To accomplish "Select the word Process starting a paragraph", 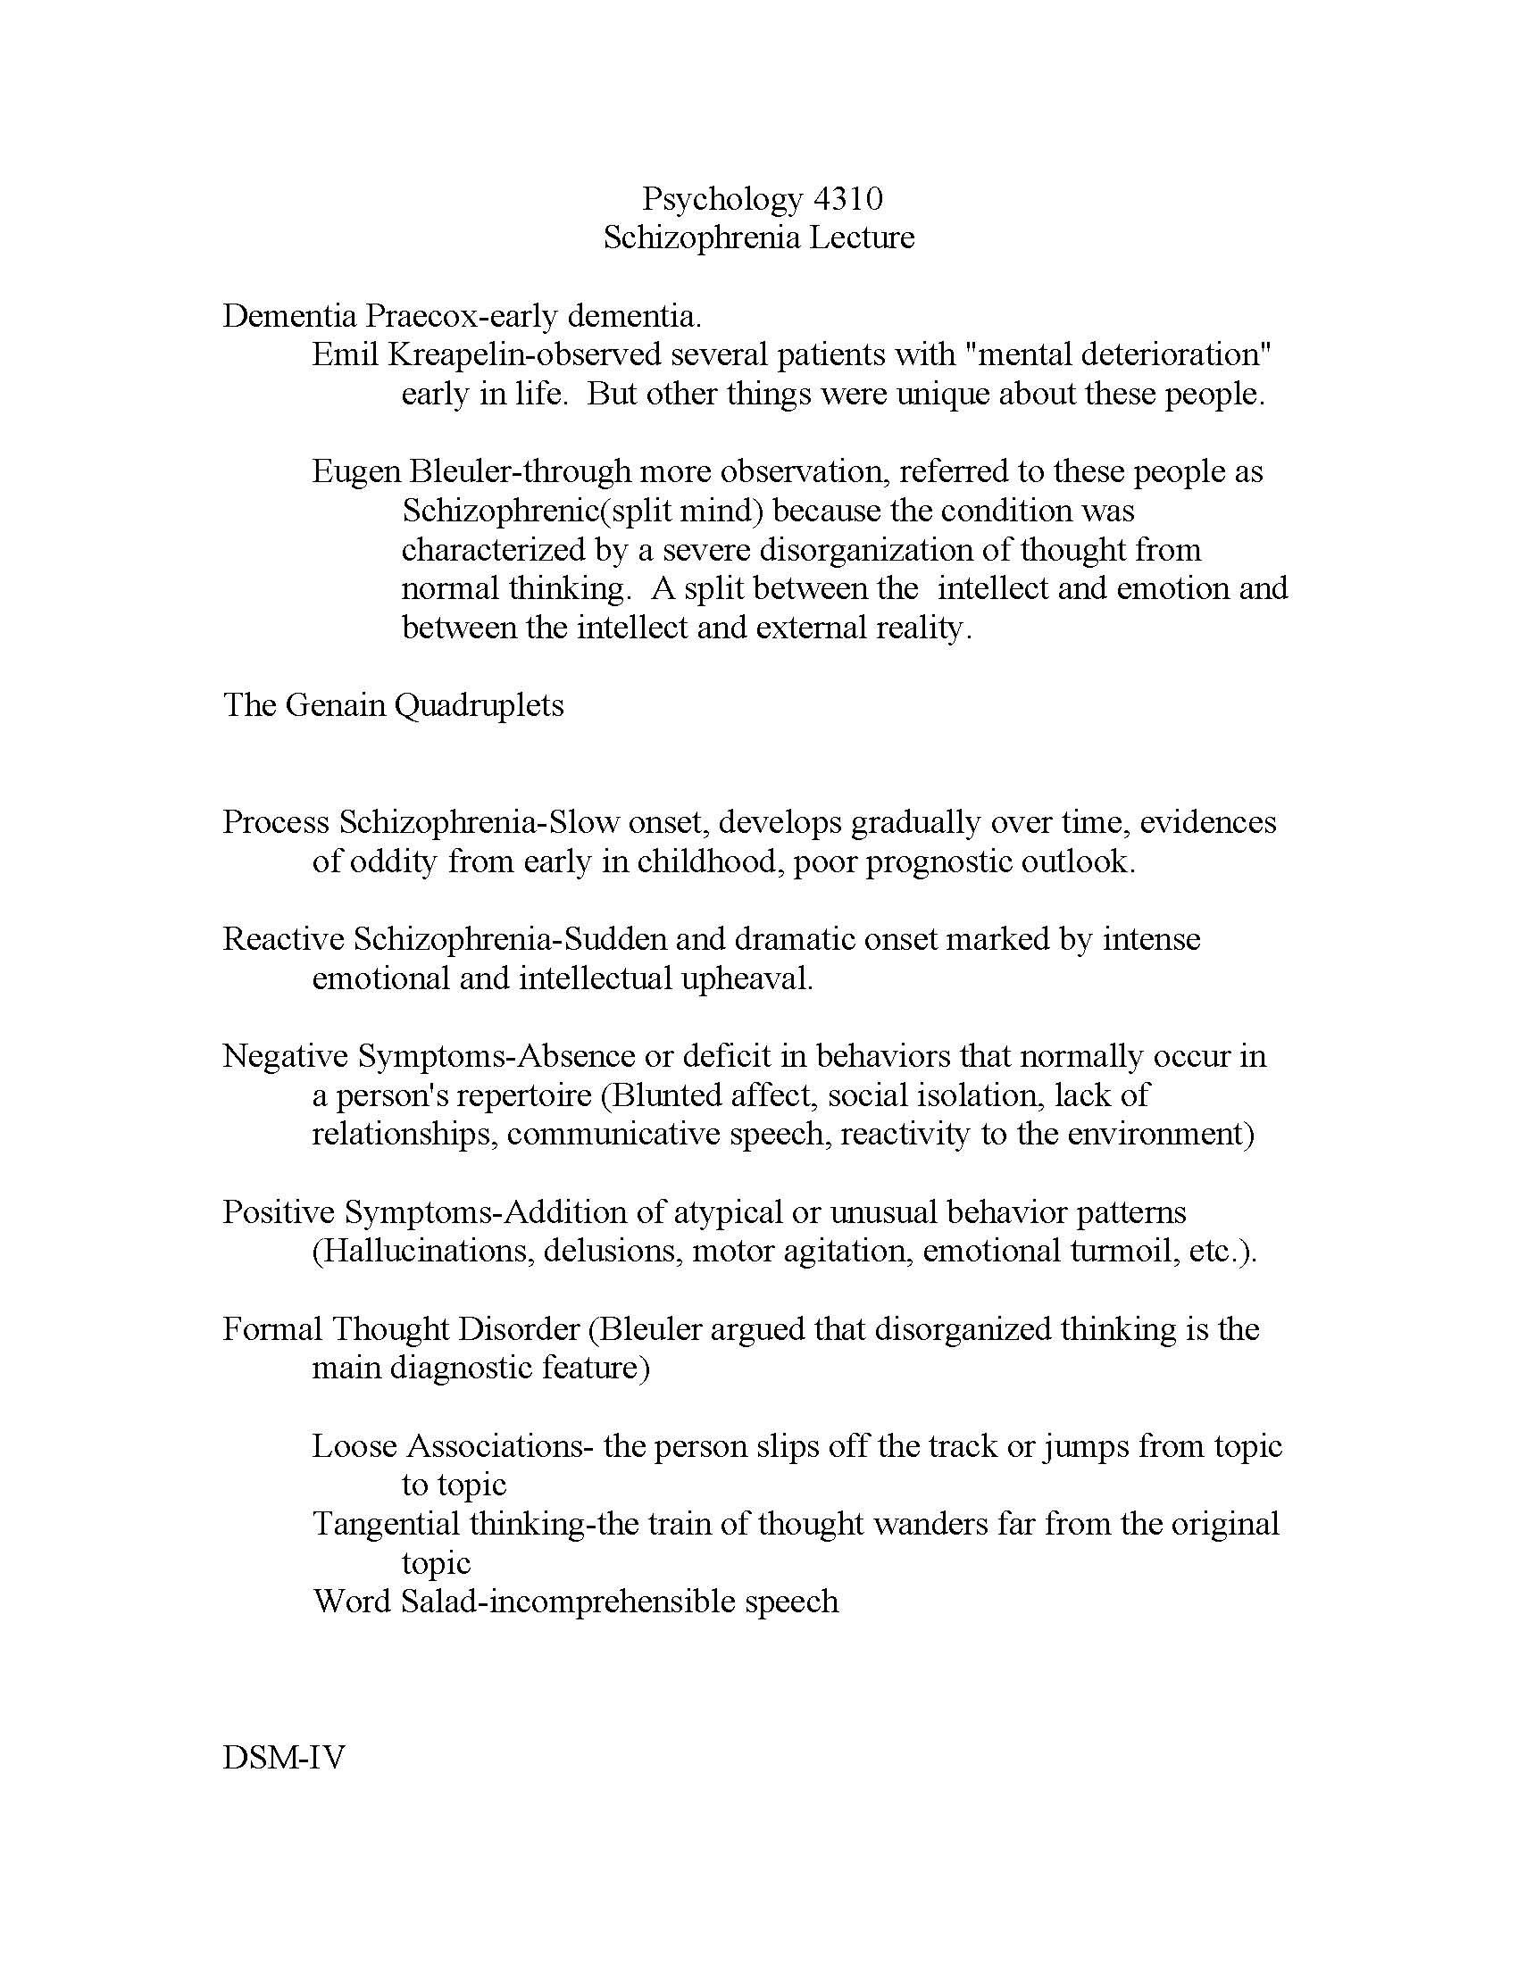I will pyautogui.click(x=276, y=822).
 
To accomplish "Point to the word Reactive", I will pyautogui.click(x=283, y=939).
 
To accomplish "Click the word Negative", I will pyautogui.click(x=285, y=1056).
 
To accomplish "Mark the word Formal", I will pyautogui.click(x=272, y=1329).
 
